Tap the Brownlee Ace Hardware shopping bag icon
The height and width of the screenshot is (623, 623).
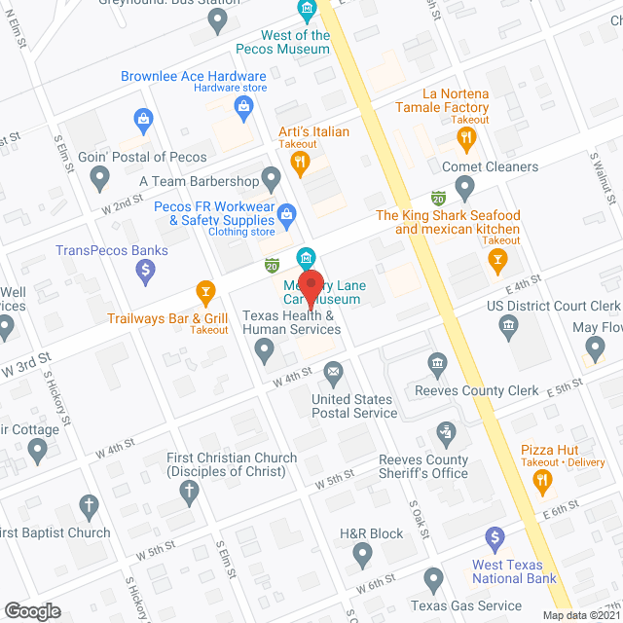point(143,122)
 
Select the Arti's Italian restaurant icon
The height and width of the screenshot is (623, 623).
point(302,165)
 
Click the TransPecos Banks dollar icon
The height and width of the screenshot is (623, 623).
point(146,272)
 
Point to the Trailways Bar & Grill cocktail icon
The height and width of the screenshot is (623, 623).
point(205,290)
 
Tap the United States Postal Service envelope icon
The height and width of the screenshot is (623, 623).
point(334,372)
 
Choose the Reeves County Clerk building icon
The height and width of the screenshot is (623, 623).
point(438,365)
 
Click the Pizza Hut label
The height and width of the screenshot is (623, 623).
point(549,450)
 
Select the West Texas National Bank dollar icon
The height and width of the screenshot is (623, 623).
point(495,537)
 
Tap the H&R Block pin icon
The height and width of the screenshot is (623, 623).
point(363,556)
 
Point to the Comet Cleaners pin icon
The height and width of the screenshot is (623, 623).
point(465,186)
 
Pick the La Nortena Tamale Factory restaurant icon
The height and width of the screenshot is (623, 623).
point(466,138)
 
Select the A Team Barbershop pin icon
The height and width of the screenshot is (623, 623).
point(272,178)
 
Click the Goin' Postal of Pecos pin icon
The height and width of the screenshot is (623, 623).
point(99,177)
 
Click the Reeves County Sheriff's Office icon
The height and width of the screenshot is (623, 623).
point(445,430)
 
